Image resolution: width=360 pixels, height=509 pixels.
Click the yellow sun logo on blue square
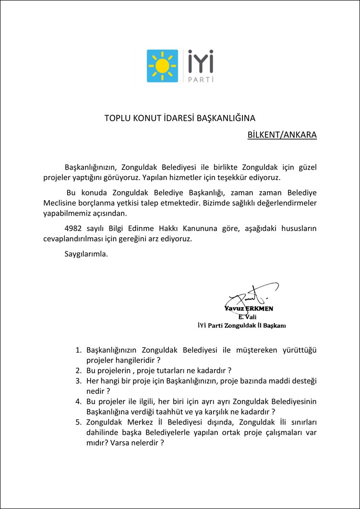coord(162,66)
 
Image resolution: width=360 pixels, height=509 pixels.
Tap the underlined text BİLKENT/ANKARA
coord(282,135)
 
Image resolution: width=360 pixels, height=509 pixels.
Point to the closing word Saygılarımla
coord(86,254)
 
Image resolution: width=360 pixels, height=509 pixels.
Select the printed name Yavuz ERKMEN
coord(249,308)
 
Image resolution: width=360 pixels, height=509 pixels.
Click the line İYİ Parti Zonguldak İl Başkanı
coord(241,326)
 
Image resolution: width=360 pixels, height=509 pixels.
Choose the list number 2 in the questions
coord(79,370)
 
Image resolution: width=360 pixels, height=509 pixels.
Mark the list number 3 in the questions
coord(79,380)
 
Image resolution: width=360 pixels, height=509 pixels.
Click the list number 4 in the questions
coord(79,401)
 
